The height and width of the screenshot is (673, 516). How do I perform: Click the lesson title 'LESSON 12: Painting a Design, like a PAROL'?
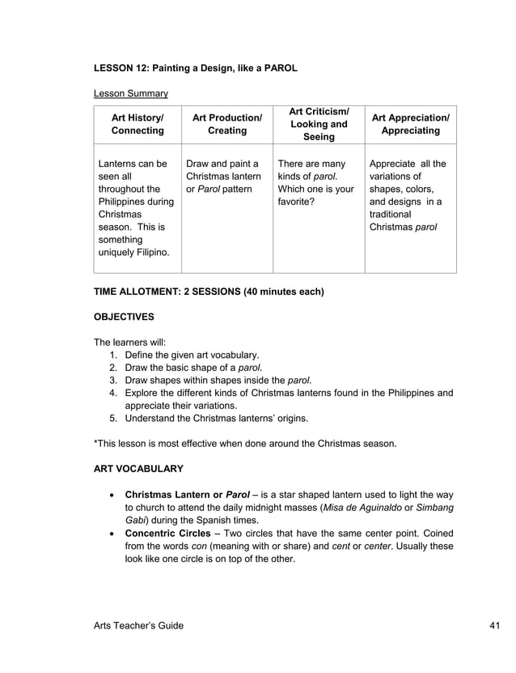[196, 68]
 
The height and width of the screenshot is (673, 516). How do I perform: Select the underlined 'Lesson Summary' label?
[131, 93]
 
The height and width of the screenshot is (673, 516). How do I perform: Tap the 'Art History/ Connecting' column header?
[137, 125]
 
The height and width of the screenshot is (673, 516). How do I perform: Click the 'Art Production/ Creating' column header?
[227, 125]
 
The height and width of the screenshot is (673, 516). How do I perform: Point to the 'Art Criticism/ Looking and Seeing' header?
[319, 125]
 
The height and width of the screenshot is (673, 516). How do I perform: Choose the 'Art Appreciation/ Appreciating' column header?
[410, 125]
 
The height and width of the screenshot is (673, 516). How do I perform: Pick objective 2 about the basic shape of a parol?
[193, 368]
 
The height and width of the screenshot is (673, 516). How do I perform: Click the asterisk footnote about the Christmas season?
[245, 443]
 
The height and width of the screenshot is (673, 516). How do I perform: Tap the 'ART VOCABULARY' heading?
[138, 469]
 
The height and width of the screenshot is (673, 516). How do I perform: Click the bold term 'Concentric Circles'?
[170, 534]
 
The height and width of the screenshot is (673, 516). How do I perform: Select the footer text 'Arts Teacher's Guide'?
[138, 625]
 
